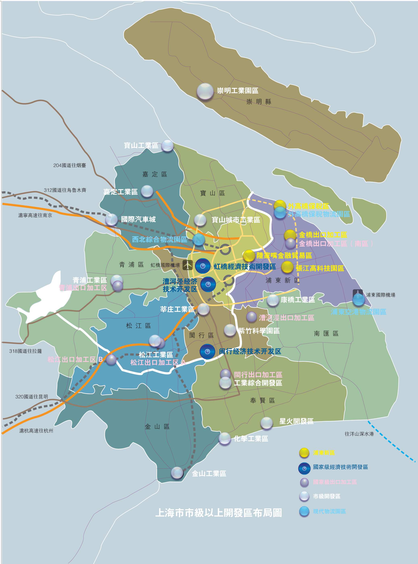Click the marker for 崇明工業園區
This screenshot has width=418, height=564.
[205, 91]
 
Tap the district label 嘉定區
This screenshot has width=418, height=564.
[155, 174]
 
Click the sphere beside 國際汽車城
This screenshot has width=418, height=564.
[112, 220]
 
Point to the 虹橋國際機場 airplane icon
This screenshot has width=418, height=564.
[188, 265]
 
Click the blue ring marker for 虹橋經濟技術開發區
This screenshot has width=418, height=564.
[203, 266]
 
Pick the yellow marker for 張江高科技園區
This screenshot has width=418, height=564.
[287, 267]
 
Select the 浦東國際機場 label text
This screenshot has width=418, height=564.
[380, 295]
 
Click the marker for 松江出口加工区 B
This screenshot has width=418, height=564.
[111, 360]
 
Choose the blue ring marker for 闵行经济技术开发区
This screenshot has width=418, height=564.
[207, 351]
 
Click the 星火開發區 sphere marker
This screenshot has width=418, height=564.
[267, 423]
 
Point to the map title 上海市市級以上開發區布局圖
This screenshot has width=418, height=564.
[218, 513]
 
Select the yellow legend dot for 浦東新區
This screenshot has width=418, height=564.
[304, 453]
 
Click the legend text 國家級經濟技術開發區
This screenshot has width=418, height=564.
[340, 467]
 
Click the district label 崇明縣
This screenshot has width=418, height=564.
[259, 102]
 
